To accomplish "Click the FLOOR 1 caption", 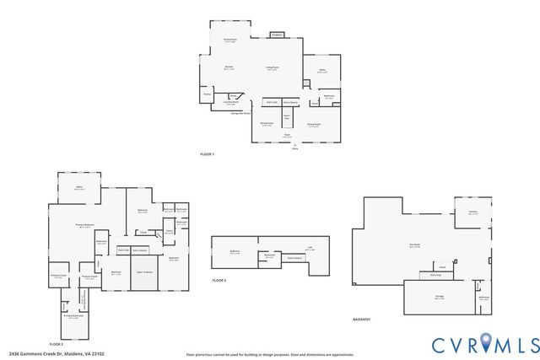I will tap(208, 155).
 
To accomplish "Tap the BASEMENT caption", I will tap(364, 320).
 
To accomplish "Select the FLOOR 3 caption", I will tap(219, 280).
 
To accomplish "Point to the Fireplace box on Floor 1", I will tap(277, 35).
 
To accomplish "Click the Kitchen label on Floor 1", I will tap(229, 67).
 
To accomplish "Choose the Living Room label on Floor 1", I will tap(273, 67).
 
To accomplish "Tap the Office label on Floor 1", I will tap(321, 71).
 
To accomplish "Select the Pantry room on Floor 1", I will tap(207, 94).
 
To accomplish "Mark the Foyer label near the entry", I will tap(287, 134).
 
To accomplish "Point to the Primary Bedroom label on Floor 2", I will tap(84, 226).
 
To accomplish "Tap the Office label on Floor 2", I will tap(78, 189).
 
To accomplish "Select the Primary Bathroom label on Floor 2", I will tap(74, 318).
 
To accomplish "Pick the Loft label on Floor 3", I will tap(310, 249).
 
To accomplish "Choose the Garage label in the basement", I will tap(439, 297).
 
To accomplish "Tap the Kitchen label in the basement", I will tap(472, 213).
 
